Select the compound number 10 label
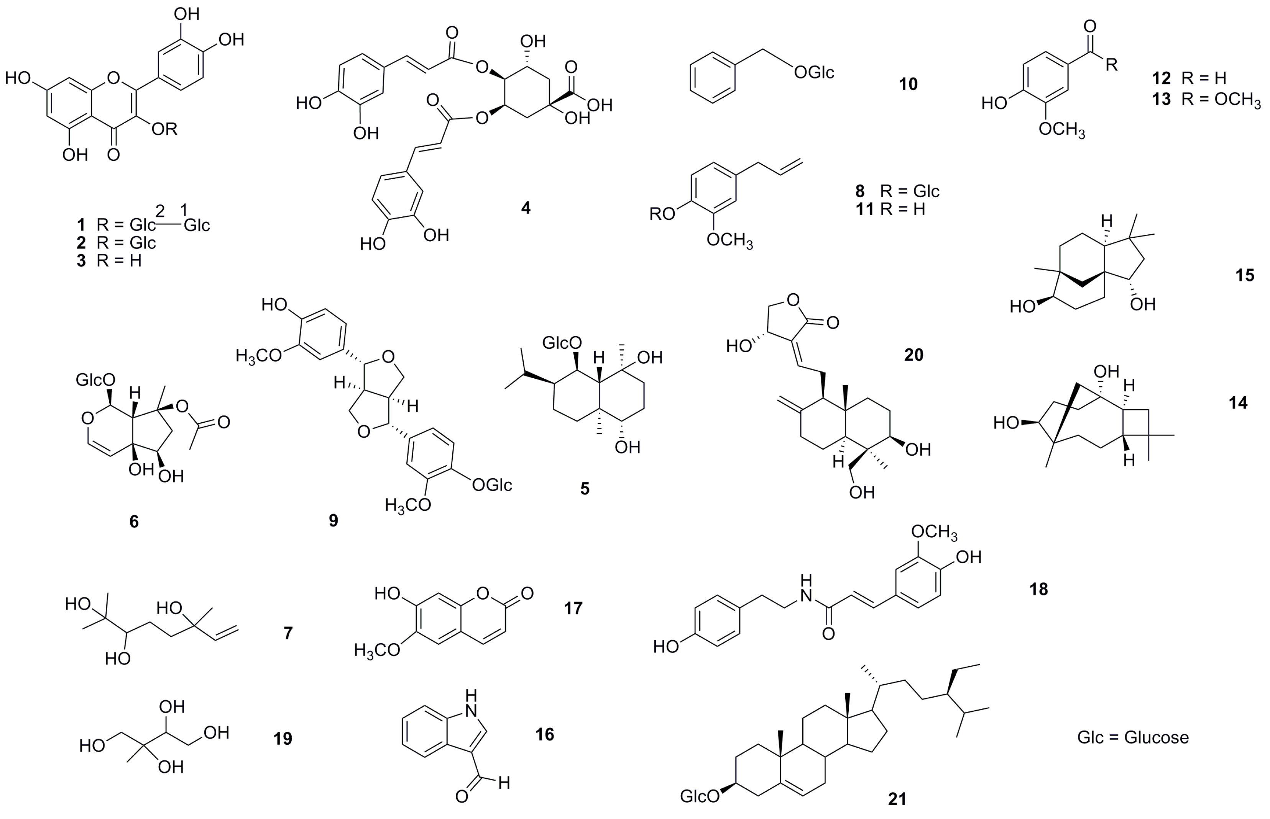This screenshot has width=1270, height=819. point(908,84)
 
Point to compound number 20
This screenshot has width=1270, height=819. point(913,355)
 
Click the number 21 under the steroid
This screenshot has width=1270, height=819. point(897,799)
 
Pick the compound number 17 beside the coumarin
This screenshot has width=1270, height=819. point(573,608)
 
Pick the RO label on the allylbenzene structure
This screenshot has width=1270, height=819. point(662,214)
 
